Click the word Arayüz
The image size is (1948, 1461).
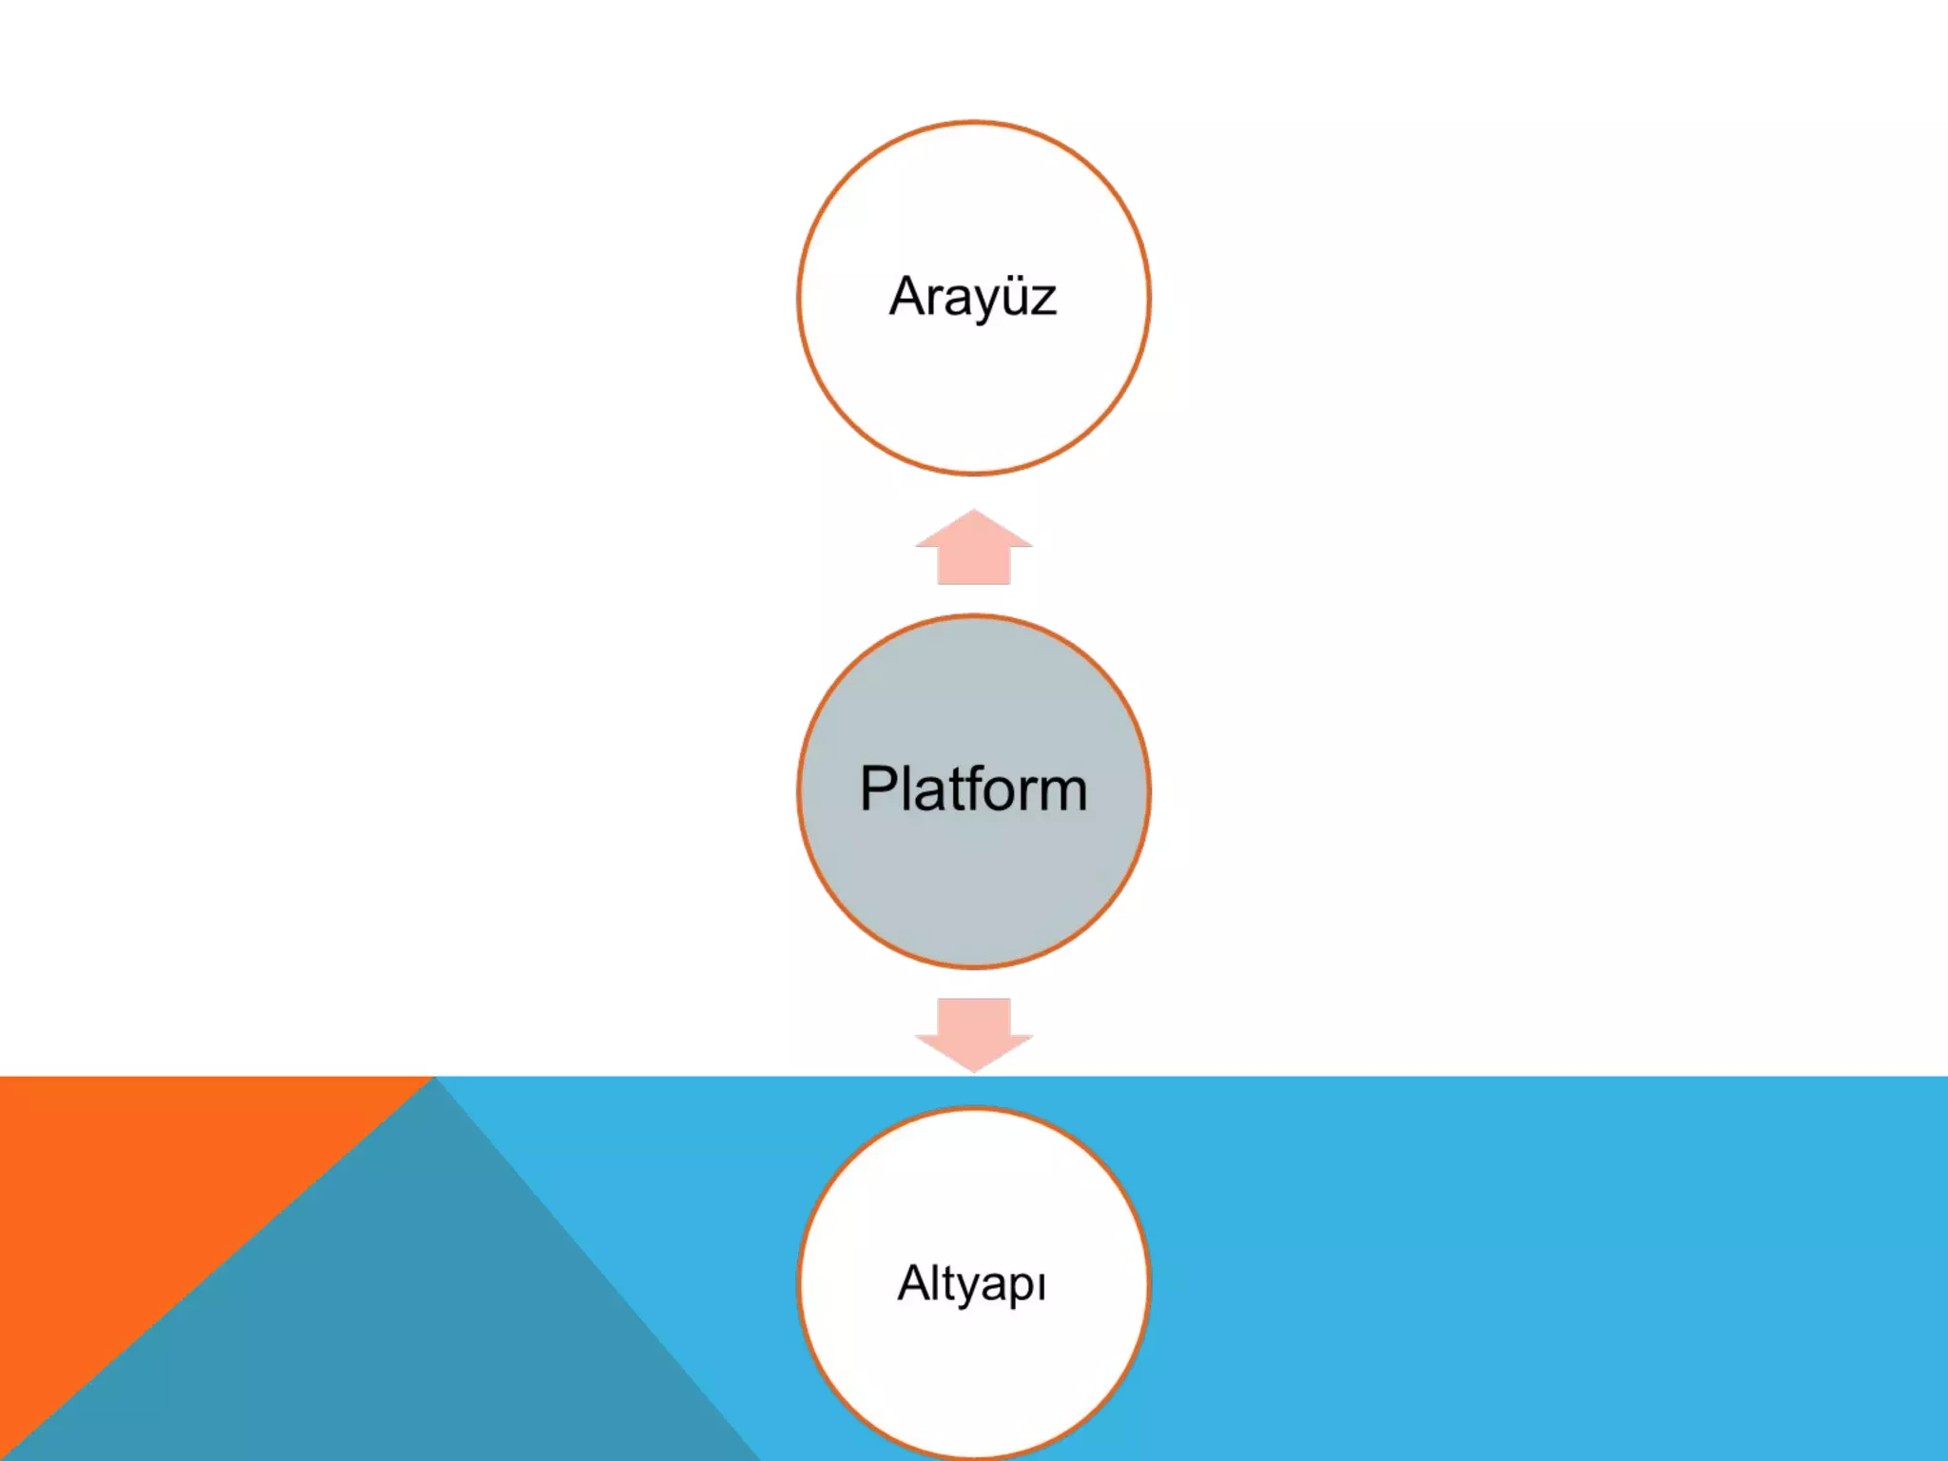click(x=972, y=297)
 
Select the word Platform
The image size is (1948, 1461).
click(x=973, y=789)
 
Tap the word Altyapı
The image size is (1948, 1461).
click(x=972, y=1284)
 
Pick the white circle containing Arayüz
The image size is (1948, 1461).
click(x=973, y=399)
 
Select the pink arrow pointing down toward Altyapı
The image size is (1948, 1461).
click(x=973, y=1032)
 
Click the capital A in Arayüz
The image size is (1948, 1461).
click(x=910, y=297)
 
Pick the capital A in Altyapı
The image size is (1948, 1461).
click(x=916, y=1283)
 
